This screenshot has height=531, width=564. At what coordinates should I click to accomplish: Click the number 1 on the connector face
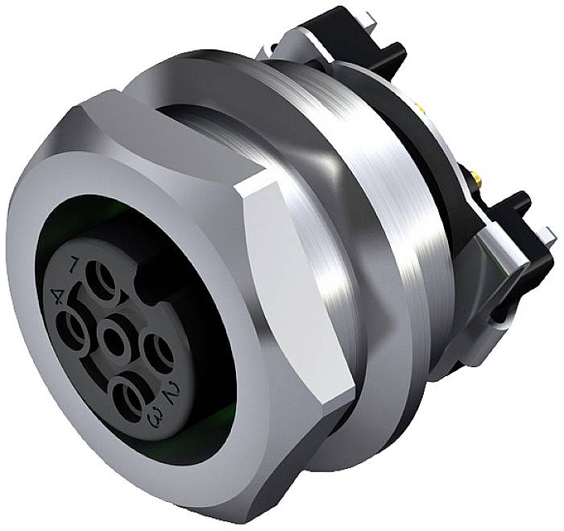[74, 262]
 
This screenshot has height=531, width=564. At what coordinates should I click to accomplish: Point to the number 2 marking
[170, 393]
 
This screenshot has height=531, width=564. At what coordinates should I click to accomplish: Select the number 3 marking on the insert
[154, 416]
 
